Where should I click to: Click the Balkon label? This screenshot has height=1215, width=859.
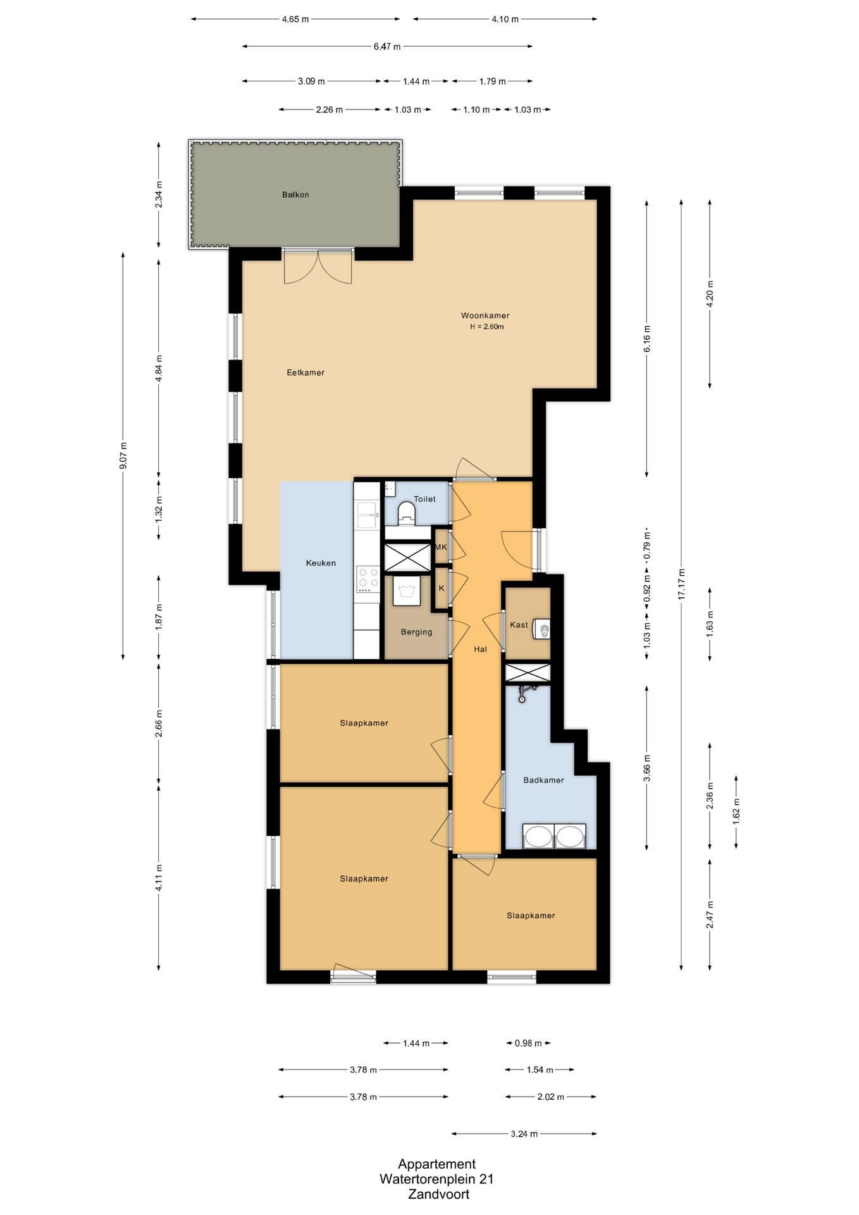pos(295,195)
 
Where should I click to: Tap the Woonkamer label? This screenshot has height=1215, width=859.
pos(485,316)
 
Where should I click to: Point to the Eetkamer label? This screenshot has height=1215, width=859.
pos(306,373)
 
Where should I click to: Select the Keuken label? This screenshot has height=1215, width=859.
pos(321,563)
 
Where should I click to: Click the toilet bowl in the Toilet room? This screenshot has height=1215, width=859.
pos(406,513)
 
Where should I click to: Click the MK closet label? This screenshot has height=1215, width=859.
pos(441,547)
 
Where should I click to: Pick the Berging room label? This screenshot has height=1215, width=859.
pos(416,632)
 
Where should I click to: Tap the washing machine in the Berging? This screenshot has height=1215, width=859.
pos(406,590)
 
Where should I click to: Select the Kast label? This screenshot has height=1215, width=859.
pos(519,625)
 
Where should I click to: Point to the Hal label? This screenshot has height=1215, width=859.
pos(481,649)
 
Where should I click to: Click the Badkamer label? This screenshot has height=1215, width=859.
pos(543,780)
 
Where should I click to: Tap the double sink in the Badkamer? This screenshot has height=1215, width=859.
pos(555,836)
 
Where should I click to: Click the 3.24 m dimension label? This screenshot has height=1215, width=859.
pos(524,1135)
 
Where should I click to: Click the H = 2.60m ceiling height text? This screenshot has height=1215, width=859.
pos(486,327)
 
